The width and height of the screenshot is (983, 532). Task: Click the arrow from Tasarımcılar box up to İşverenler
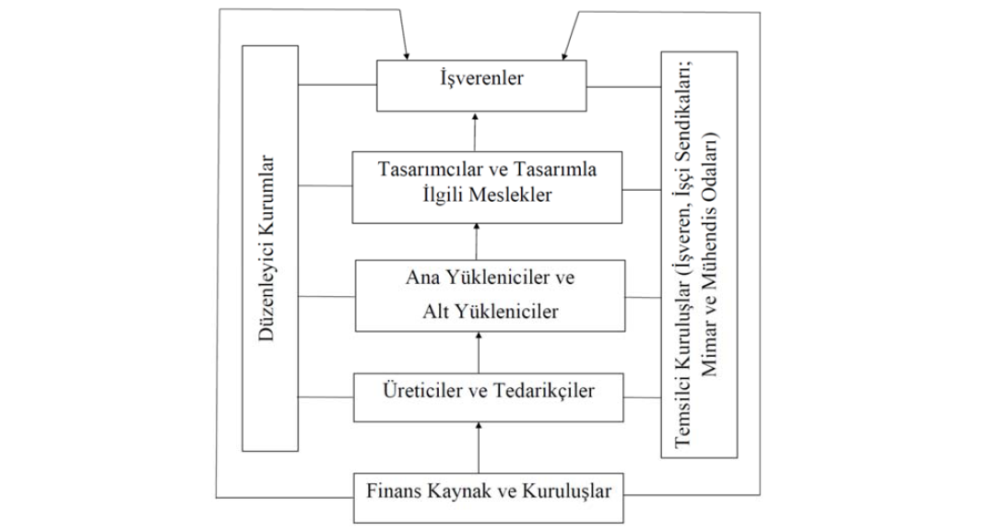tap(476, 133)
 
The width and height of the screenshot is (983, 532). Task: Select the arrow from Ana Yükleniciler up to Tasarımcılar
tap(476, 242)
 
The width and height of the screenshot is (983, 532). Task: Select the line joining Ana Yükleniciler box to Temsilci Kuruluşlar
tap(643, 297)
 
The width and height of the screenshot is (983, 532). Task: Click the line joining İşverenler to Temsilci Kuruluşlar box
tap(623, 88)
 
